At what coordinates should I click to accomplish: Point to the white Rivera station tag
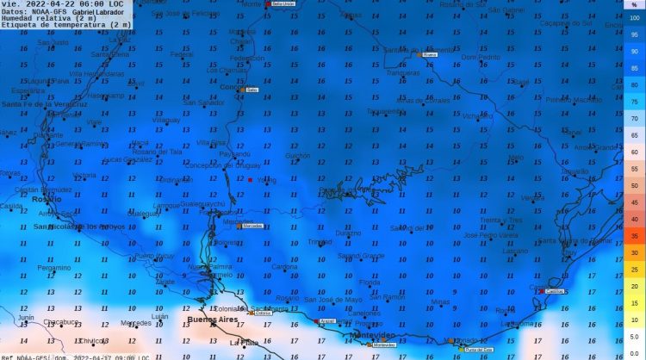431,54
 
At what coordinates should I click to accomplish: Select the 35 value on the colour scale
635,235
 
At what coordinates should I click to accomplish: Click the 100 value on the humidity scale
635,18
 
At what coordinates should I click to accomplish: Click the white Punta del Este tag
479,350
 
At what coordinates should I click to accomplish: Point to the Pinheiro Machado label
574,100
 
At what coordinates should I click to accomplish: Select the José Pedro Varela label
490,235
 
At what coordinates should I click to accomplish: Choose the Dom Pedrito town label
481,57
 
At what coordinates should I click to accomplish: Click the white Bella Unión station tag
283,4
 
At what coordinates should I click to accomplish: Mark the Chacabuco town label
61,322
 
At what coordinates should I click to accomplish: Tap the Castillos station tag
556,291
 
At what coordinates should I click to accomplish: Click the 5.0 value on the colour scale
635,337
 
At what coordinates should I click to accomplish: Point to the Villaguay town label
167,120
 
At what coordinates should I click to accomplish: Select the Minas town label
441,301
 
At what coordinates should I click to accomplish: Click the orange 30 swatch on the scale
635,251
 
